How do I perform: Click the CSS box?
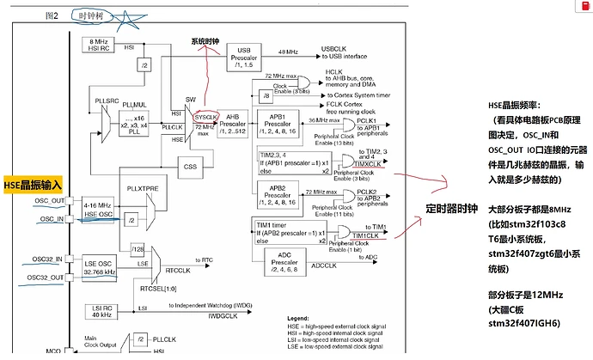pos(189,167)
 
